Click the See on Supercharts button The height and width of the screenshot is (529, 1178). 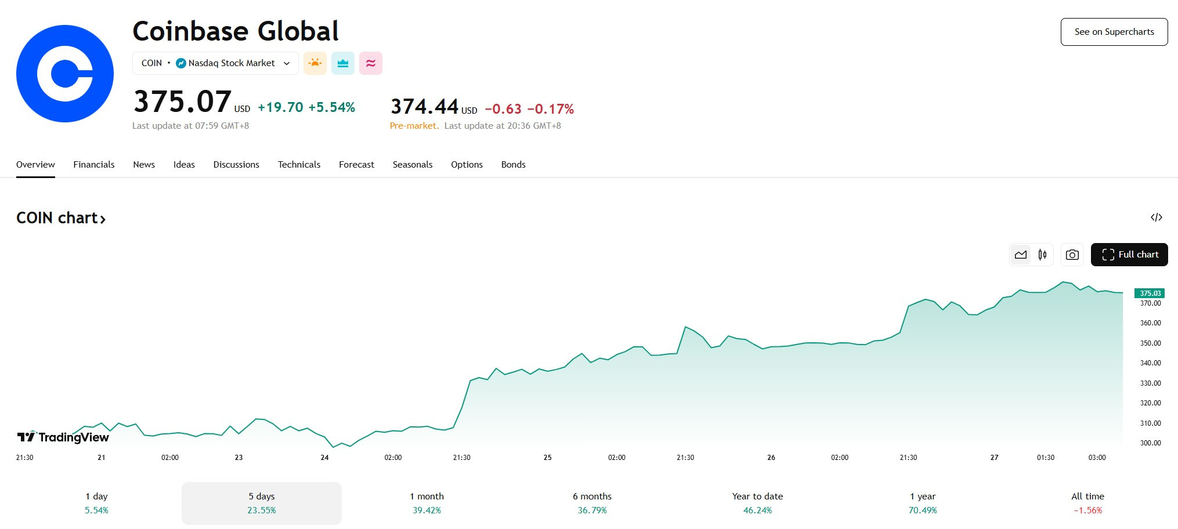(x=1114, y=32)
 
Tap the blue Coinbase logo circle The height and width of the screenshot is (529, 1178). (x=65, y=74)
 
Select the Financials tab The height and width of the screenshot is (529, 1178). (x=94, y=165)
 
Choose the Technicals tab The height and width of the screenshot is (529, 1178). (x=299, y=165)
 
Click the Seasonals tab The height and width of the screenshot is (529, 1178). (x=413, y=165)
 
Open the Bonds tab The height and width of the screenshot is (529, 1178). (x=514, y=165)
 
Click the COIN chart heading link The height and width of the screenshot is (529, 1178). (x=61, y=218)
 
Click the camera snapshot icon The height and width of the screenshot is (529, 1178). (x=1072, y=255)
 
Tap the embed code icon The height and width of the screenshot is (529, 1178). (x=1157, y=218)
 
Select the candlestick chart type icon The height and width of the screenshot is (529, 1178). (x=1043, y=255)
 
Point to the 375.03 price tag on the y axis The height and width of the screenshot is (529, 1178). (x=1150, y=294)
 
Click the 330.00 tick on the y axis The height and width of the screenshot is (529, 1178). (x=1150, y=383)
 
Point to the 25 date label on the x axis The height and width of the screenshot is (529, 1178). (x=547, y=458)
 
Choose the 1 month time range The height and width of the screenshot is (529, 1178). (x=427, y=503)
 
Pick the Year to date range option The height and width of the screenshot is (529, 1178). (x=757, y=503)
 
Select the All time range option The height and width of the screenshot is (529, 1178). (x=1087, y=503)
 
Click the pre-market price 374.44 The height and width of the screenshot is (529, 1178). (x=425, y=107)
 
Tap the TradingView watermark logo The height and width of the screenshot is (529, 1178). (x=63, y=437)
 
